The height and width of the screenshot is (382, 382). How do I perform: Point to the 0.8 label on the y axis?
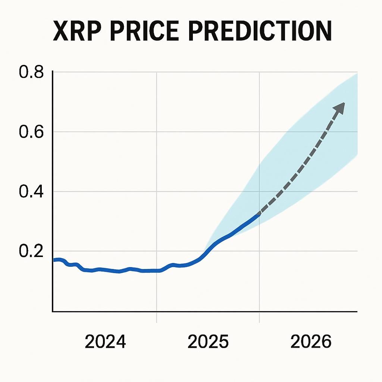click(x=31, y=72)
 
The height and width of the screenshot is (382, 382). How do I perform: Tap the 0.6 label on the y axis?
click(x=31, y=132)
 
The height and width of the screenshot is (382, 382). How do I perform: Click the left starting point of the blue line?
click(x=54, y=260)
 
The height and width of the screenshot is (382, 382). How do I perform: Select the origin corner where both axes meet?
click(x=53, y=311)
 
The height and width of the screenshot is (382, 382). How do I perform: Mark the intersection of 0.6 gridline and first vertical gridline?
click(x=156, y=132)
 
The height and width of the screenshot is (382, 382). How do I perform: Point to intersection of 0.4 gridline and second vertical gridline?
click(x=259, y=191)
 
